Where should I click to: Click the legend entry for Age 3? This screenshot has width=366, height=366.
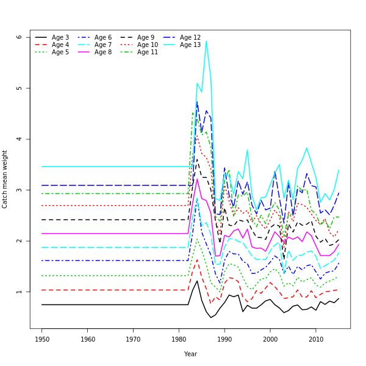[x=60, y=38]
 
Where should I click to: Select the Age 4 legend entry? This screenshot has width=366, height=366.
[x=60, y=45]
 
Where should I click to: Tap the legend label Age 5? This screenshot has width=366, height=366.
[x=60, y=52]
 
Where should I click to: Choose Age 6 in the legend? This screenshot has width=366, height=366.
[x=102, y=38]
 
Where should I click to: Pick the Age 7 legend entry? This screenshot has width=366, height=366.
[x=102, y=45]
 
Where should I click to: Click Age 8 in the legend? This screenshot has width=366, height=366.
[x=102, y=52]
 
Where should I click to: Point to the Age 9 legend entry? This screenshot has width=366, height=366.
[x=145, y=38]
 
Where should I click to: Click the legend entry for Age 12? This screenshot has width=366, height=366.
[x=190, y=38]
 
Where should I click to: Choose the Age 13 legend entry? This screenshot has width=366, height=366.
[x=190, y=45]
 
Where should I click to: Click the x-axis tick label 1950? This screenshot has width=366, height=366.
[x=42, y=339]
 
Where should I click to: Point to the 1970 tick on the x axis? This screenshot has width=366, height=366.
[x=134, y=339]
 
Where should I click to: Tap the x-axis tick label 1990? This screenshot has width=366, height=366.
[x=224, y=339]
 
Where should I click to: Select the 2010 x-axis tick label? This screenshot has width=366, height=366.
[x=316, y=339]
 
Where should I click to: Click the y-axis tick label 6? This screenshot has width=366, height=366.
[x=20, y=37]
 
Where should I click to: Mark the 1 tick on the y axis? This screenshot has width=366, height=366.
[x=20, y=292]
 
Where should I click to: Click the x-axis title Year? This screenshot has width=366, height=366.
[x=190, y=354]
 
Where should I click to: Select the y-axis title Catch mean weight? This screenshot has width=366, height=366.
[x=5, y=179]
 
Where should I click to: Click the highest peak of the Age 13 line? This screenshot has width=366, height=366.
[x=206, y=41]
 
